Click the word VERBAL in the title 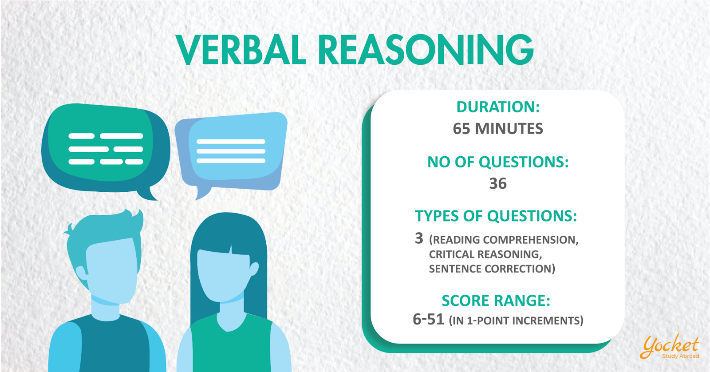click(241, 49)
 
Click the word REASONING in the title click(426, 49)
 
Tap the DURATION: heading click(498, 107)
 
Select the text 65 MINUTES click(498, 128)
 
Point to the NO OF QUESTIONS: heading click(498, 162)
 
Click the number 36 click(498, 183)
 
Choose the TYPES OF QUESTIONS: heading click(496, 216)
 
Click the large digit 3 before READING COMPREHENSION click(419, 238)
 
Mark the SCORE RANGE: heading click(496, 301)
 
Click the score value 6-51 click(428, 319)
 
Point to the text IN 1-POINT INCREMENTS click(517, 321)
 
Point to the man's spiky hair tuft click(133, 219)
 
